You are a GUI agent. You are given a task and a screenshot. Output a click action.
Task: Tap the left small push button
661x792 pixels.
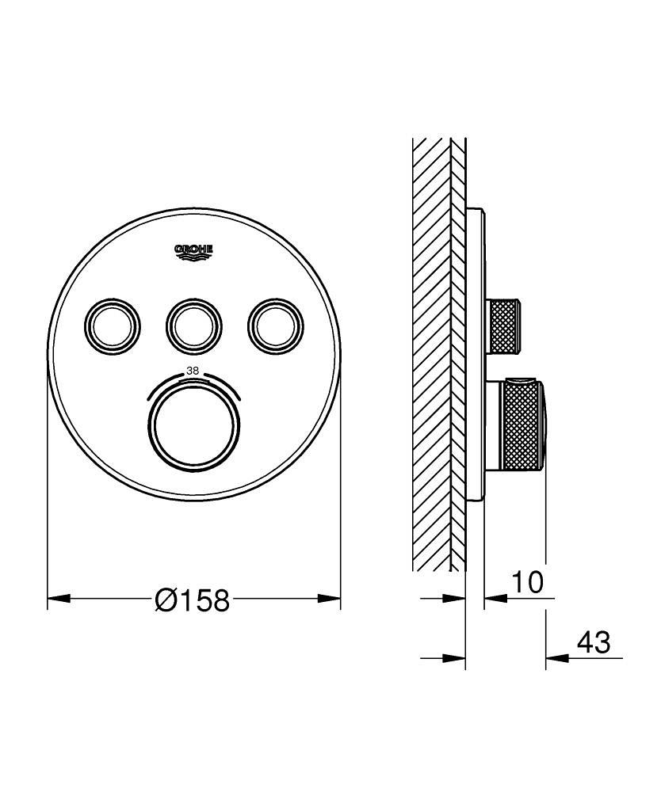coord(113,323)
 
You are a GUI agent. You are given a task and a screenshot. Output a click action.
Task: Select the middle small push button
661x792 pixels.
coord(193,323)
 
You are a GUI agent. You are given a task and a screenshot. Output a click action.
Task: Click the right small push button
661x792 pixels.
coord(275,323)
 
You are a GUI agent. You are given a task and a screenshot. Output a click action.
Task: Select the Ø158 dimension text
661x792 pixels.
coord(193,601)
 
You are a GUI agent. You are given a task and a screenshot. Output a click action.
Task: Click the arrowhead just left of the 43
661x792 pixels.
coord(555,657)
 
